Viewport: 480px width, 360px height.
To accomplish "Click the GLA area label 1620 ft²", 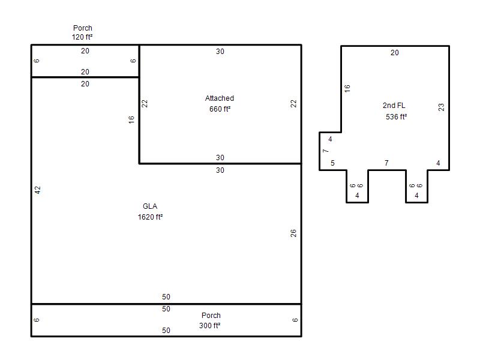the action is [x=150, y=217].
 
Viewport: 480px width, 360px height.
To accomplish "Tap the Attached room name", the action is [x=220, y=98].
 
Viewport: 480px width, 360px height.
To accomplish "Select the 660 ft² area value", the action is [x=220, y=109].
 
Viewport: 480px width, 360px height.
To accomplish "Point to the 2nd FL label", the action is [x=394, y=106].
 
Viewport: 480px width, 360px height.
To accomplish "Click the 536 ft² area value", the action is [x=396, y=117].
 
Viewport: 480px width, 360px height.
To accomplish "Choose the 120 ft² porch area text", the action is [x=82, y=37].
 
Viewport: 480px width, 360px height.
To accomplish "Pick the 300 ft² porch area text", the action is [x=209, y=326].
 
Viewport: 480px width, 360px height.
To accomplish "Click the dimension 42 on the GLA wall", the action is [x=37, y=190].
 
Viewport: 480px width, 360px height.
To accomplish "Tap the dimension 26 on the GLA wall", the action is [x=293, y=233].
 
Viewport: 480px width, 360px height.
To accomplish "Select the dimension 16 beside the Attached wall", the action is [x=131, y=119].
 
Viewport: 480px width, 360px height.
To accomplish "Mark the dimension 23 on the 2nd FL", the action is [x=441, y=107].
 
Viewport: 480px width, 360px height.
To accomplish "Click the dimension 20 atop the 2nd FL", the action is [x=395, y=53].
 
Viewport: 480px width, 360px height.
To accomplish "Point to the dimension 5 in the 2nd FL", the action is [x=333, y=163].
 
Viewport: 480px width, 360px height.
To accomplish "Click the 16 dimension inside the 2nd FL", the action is [x=347, y=88].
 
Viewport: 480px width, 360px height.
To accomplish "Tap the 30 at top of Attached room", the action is [x=220, y=52].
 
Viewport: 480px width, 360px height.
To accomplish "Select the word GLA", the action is [x=150, y=206].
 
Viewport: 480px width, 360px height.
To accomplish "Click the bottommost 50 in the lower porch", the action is [x=166, y=331].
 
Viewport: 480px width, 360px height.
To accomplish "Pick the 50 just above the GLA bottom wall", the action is [x=166, y=297].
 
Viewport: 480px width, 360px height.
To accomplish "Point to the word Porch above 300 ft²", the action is [x=211, y=316].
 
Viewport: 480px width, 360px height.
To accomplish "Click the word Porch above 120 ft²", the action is [x=83, y=28].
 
